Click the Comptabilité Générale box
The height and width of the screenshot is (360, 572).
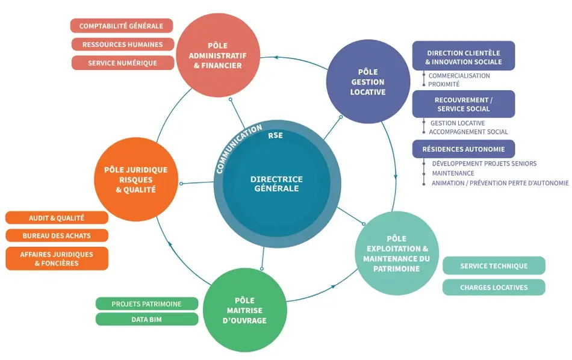(122, 26)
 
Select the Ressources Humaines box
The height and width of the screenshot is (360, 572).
(123, 45)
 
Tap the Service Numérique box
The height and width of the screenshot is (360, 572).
(122, 63)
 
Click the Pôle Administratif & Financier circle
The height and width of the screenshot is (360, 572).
(217, 56)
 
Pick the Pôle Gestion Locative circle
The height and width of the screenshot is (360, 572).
(368, 82)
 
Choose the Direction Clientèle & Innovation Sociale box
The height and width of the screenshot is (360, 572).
(463, 57)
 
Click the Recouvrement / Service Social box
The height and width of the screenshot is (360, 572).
(463, 104)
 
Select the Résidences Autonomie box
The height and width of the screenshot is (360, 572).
(463, 149)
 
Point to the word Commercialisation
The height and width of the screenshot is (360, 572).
(459, 76)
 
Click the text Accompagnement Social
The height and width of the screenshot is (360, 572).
(468, 132)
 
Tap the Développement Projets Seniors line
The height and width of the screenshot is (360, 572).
(484, 164)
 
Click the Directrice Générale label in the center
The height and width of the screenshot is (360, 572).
(276, 184)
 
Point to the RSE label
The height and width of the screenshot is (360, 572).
(275, 135)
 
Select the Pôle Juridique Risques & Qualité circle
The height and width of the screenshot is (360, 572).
(135, 179)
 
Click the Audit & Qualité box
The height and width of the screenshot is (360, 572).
(57, 218)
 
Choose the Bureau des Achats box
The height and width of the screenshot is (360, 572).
(57, 235)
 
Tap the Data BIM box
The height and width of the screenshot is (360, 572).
(146, 319)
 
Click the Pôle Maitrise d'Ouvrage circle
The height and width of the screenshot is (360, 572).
(244, 310)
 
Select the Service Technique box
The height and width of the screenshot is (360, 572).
(494, 266)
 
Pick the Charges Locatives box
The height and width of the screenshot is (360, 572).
(494, 288)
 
